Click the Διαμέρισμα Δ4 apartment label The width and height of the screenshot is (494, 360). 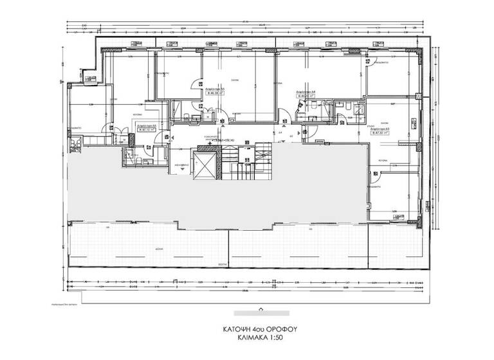tap(304, 93)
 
